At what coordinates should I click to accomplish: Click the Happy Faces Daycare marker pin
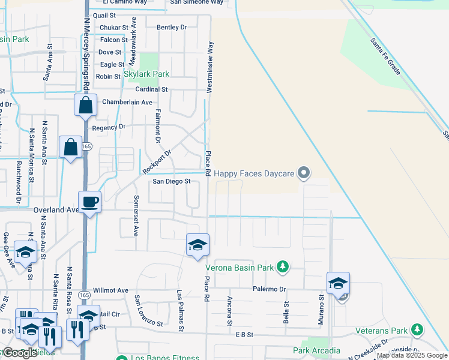click(x=304, y=173)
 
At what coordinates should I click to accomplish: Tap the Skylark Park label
click(x=146, y=74)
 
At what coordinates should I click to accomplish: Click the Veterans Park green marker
click(x=416, y=329)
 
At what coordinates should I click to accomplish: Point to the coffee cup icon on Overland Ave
click(x=89, y=202)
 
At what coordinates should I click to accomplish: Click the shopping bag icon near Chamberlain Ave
click(x=85, y=106)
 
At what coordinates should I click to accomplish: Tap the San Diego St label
click(x=171, y=181)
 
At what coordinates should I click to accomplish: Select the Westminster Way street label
click(x=210, y=67)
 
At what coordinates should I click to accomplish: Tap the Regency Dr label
click(x=109, y=127)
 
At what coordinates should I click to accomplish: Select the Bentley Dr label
click(x=172, y=28)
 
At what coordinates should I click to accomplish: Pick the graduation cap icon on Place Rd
click(x=197, y=245)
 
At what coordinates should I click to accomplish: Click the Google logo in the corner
click(x=19, y=353)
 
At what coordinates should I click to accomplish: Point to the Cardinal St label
click(x=151, y=89)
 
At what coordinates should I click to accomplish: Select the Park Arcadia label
click(x=316, y=350)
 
